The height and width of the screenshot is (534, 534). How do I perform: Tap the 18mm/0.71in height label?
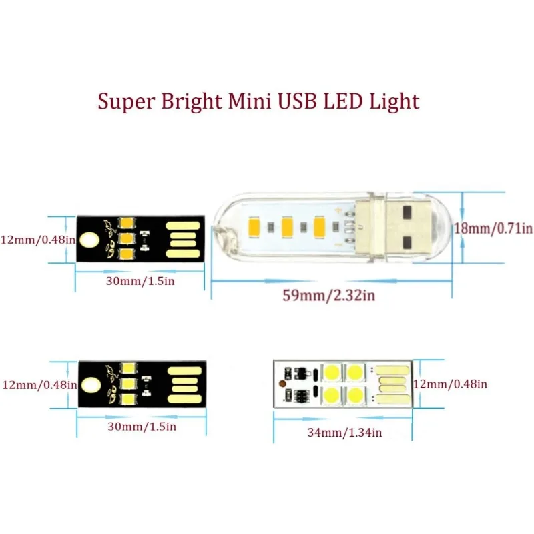tap(493, 228)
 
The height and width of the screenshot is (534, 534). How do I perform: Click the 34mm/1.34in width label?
tap(344, 433)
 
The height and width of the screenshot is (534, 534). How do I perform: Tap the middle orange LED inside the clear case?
tap(288, 225)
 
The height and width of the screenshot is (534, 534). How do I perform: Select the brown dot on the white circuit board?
tap(282, 384)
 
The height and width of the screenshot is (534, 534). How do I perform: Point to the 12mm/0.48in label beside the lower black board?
tap(38, 384)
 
